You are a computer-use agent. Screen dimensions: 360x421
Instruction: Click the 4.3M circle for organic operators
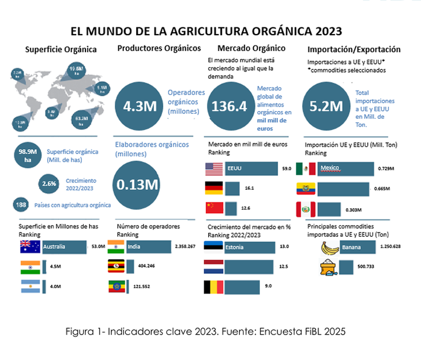[x=140, y=106]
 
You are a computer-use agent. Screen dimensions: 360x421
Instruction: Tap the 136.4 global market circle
[x=230, y=106]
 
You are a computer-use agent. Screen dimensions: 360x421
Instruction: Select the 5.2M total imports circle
[x=327, y=106]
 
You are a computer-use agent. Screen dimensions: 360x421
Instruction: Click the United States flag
[x=214, y=169]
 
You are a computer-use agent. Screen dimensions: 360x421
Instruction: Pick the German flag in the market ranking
[x=214, y=188]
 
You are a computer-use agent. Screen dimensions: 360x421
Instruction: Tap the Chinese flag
[x=214, y=208]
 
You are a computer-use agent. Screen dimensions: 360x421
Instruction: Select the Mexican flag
[x=306, y=168]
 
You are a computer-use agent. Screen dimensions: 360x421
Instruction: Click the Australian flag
[x=29, y=247]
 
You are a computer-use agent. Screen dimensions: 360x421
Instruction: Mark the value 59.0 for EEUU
[x=286, y=169]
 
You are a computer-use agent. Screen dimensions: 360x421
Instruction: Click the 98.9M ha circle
[x=28, y=156]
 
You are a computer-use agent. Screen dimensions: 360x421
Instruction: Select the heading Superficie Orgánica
[x=61, y=50]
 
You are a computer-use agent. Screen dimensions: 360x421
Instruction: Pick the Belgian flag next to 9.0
[x=214, y=287]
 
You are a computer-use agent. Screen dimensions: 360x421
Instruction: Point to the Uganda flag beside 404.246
[x=116, y=267]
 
